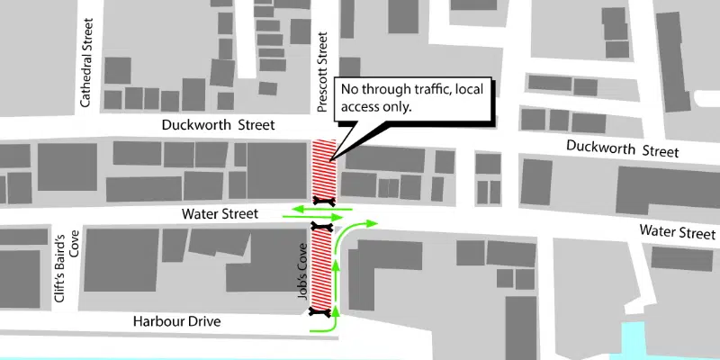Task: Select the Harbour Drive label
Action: (176, 321)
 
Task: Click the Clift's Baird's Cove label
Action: (68, 267)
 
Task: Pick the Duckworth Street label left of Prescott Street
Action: (217, 124)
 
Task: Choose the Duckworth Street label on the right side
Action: (623, 149)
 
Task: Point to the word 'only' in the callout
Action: (395, 107)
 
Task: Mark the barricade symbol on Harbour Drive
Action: (318, 313)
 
